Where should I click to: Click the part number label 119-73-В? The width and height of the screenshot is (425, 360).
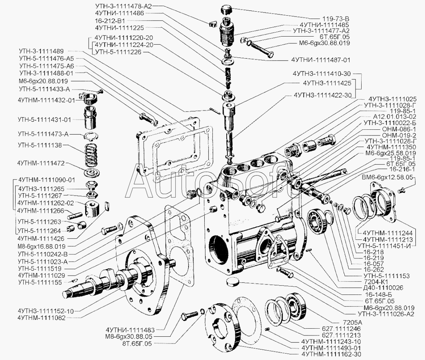(x=336, y=18)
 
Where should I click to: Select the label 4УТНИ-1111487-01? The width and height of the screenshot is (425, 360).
(x=321, y=59)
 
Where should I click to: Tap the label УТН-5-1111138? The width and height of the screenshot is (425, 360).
(x=39, y=146)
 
